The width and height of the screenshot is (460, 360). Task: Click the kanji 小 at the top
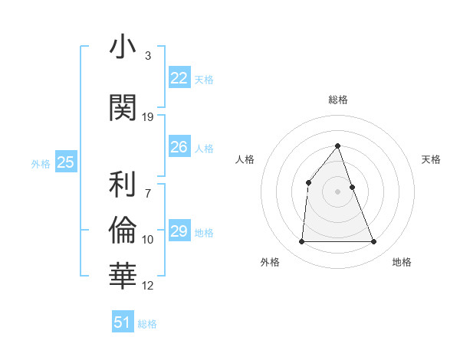pyautogui.click(x=123, y=47)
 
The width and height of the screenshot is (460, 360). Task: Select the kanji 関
pyautogui.click(x=123, y=108)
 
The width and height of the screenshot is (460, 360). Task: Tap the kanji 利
pyautogui.click(x=123, y=185)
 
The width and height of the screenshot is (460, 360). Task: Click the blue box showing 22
pyautogui.click(x=179, y=78)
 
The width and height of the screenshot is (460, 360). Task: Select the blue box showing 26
pyautogui.click(x=179, y=147)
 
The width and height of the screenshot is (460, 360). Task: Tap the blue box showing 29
pyautogui.click(x=179, y=231)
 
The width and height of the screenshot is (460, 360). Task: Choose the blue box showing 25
pyautogui.click(x=66, y=162)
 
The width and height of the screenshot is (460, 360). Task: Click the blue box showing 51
pyautogui.click(x=123, y=322)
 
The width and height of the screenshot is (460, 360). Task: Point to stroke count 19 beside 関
pyautogui.click(x=148, y=117)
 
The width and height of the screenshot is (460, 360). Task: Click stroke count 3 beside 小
pyautogui.click(x=148, y=56)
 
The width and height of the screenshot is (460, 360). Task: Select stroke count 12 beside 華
pyautogui.click(x=148, y=286)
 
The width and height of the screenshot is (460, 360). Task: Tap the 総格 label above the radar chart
pyautogui.click(x=338, y=100)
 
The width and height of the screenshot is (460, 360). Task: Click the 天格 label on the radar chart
pyautogui.click(x=432, y=159)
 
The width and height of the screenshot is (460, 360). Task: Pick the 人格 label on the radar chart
pyautogui.click(x=245, y=159)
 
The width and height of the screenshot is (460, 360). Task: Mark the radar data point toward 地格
pyautogui.click(x=374, y=242)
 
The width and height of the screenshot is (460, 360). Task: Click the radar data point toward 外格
pyautogui.click(x=301, y=242)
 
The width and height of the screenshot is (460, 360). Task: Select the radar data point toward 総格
pyautogui.click(x=338, y=146)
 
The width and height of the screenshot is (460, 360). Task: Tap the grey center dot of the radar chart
pyautogui.click(x=338, y=191)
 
